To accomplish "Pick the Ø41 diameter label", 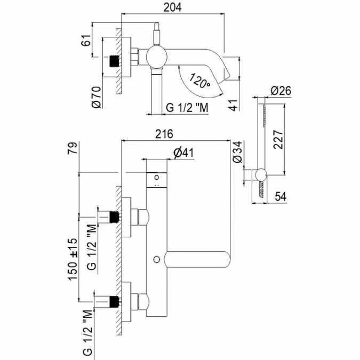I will [183, 153].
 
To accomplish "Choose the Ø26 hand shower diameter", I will [281, 91].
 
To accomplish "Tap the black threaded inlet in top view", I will [114, 61].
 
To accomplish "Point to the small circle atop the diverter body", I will [157, 177].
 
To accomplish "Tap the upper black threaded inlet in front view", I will [113, 217].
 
